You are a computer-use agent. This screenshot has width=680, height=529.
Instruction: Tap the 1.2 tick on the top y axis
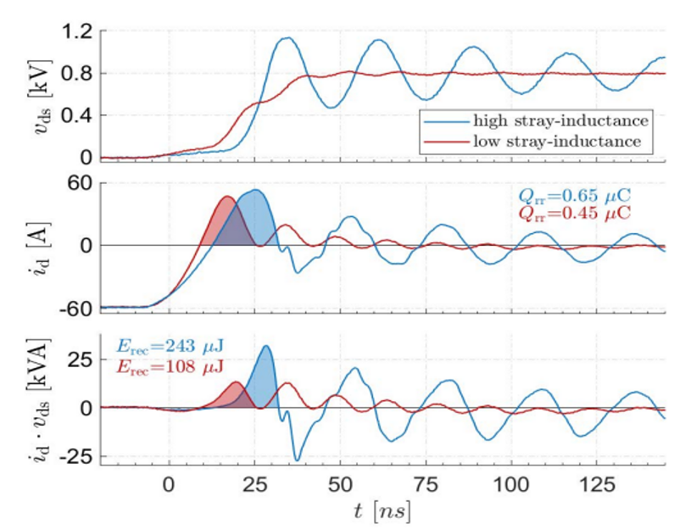point(74,33)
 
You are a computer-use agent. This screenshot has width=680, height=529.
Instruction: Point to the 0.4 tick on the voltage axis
point(74,115)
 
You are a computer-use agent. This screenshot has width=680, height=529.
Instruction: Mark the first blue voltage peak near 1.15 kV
point(287,38)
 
